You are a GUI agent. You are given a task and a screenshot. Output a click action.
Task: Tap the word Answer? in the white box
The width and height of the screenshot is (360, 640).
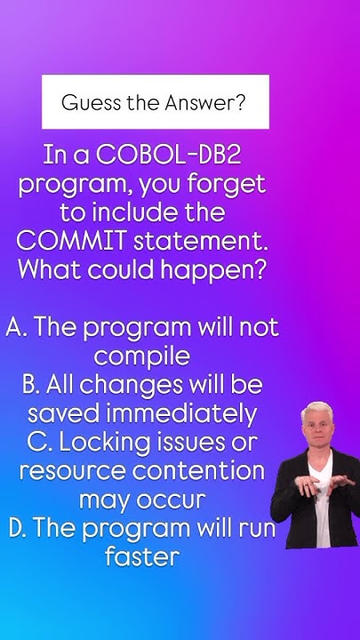click(205, 102)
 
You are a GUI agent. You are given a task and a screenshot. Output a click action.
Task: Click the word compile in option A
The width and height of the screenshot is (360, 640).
click(141, 356)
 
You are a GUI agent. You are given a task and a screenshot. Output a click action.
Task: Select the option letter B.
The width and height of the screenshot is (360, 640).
click(31, 385)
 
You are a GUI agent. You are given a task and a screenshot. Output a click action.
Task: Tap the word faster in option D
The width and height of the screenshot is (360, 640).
click(141, 557)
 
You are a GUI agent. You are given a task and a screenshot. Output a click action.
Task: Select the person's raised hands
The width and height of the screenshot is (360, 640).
click(314, 487)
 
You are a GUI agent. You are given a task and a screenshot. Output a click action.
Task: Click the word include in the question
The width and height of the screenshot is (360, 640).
click(132, 213)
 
